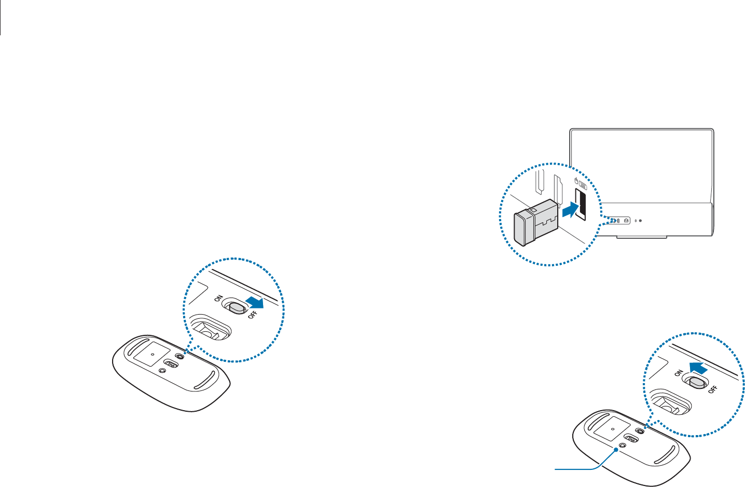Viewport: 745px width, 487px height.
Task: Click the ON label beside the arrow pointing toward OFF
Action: [x=218, y=300]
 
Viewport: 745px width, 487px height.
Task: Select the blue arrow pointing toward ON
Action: [x=695, y=368]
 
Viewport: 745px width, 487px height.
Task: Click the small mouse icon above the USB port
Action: [x=576, y=181]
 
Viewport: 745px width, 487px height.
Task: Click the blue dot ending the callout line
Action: [x=616, y=450]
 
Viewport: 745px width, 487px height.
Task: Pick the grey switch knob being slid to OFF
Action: [x=237, y=308]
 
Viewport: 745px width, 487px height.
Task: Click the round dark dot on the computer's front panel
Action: [x=640, y=220]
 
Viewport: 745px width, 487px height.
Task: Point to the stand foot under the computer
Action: [x=642, y=237]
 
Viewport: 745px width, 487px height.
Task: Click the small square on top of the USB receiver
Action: [x=533, y=210]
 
